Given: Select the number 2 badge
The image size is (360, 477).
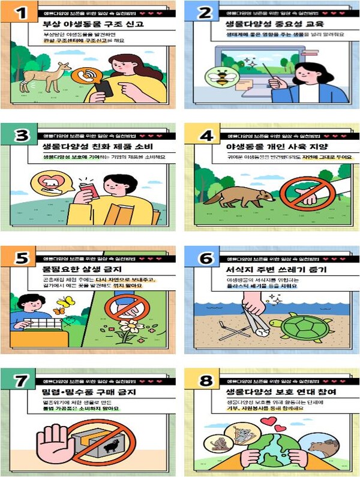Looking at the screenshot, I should coord(204,13).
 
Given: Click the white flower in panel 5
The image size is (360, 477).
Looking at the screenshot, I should coord(128,328).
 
